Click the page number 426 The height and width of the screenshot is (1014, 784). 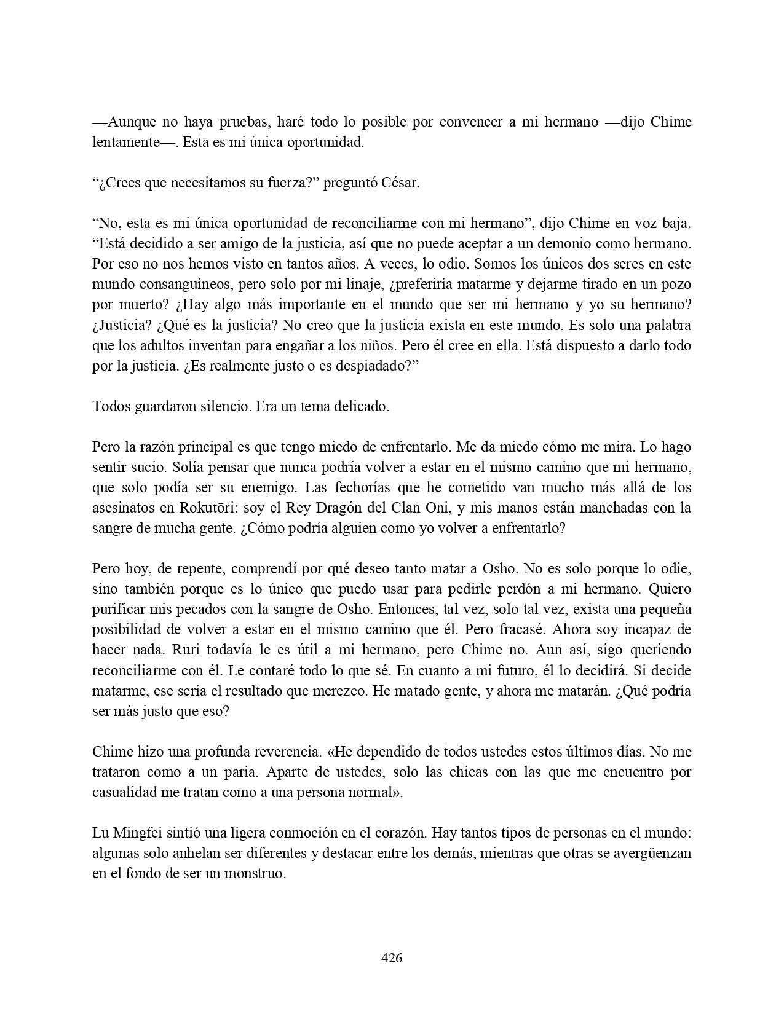pyautogui.click(x=392, y=957)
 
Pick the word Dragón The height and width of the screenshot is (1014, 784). pyautogui.click(x=364, y=508)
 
